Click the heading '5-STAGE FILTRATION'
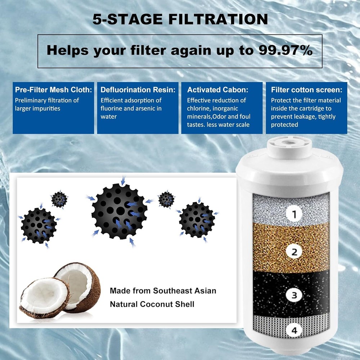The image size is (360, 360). pos(180,19)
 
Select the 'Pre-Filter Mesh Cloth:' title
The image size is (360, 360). pos(53,90)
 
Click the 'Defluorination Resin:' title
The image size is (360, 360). pos(138,90)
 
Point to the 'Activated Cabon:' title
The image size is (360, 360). pos(217,90)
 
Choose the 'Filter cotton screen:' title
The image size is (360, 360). pos(306,90)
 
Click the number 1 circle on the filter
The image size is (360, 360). pos(294,215)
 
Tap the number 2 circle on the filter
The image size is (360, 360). pos(294,252)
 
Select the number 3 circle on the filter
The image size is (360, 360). pos(294,295)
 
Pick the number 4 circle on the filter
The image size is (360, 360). pos(294,330)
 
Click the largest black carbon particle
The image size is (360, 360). pos(119,211)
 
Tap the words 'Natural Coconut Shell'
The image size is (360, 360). pos(152,304)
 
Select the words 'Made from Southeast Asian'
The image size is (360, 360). pos(163,291)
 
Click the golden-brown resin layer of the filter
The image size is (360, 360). pos(274,248)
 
